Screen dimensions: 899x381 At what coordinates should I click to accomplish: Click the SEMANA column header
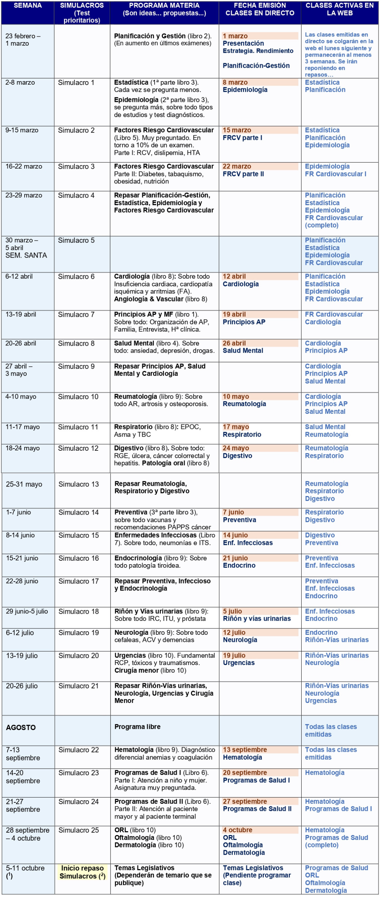coord(27,6)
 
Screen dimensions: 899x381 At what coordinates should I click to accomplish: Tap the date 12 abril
coord(234,276)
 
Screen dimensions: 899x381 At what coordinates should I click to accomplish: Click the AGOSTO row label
coord(21,727)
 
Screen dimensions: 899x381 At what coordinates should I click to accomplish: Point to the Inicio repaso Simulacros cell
coord(83,872)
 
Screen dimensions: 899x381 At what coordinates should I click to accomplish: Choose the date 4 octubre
coord(237,830)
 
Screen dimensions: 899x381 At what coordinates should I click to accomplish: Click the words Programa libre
coord(137,727)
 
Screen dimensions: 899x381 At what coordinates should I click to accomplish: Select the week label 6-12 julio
coord(20,633)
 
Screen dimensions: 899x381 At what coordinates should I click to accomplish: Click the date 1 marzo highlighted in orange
coord(235,36)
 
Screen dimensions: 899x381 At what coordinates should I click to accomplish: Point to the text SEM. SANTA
coord(26,255)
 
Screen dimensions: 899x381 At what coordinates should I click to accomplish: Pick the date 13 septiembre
coord(245,750)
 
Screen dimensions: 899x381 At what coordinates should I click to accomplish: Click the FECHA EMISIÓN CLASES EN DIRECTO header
coord(260,9)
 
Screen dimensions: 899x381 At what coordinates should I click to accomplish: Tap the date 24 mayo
coord(236,448)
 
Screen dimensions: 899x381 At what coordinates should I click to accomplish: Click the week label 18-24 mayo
coord(22,448)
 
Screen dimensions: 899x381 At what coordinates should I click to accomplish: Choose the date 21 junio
coord(235,558)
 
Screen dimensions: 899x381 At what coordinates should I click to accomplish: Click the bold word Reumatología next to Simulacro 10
coord(136,396)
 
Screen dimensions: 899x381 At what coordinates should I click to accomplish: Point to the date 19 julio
coord(234,655)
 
